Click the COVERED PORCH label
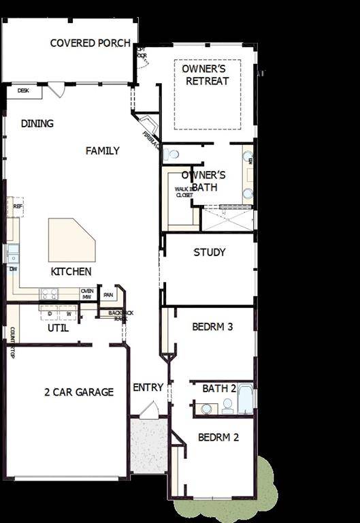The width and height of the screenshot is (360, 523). point(91,43)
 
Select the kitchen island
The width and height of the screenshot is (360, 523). point(70,240)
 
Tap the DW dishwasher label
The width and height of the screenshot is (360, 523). point(12,269)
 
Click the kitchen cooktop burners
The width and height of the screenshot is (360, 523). point(50,294)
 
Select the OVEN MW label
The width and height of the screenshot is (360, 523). point(87,294)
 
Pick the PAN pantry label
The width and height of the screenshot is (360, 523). point(108,295)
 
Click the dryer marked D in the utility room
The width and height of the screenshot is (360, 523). point(50,313)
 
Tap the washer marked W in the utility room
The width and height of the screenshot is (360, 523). point(68,313)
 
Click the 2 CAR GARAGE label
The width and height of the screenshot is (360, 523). point(79,392)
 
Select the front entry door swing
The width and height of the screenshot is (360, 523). point(149,409)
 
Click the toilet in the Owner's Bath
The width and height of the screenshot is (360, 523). point(171,155)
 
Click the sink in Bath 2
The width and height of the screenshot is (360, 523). point(206,409)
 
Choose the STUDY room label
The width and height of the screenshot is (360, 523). point(210,252)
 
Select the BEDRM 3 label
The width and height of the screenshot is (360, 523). point(212,327)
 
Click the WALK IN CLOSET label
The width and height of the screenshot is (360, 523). point(184,192)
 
